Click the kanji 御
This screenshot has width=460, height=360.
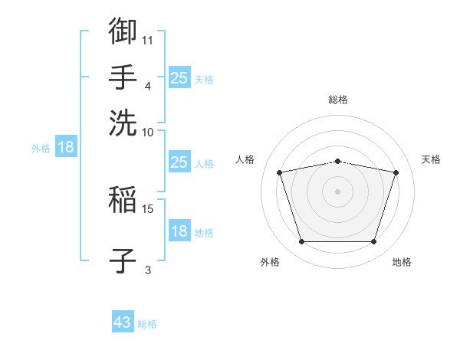123,31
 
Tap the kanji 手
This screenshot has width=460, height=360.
123,77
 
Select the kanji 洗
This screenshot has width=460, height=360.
123,123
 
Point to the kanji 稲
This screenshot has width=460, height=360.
123,199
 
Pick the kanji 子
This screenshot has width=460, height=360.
123,260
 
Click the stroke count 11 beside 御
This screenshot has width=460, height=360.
147,41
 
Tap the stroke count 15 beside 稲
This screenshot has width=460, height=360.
147,209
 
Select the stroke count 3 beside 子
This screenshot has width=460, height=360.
148,270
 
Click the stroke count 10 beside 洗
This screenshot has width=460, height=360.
147,133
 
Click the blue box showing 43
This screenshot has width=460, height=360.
123,321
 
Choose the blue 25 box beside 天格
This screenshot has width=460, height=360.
179,77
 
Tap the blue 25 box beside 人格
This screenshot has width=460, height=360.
179,162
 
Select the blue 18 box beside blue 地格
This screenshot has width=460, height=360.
179,230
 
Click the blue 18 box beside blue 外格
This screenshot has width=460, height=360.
66,146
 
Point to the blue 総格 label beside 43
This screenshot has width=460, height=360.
147,324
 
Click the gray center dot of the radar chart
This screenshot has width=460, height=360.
337,191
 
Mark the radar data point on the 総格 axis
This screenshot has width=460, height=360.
337,162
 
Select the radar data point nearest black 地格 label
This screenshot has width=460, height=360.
373,241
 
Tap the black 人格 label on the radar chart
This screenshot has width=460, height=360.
245,159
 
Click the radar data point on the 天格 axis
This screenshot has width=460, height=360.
396,172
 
